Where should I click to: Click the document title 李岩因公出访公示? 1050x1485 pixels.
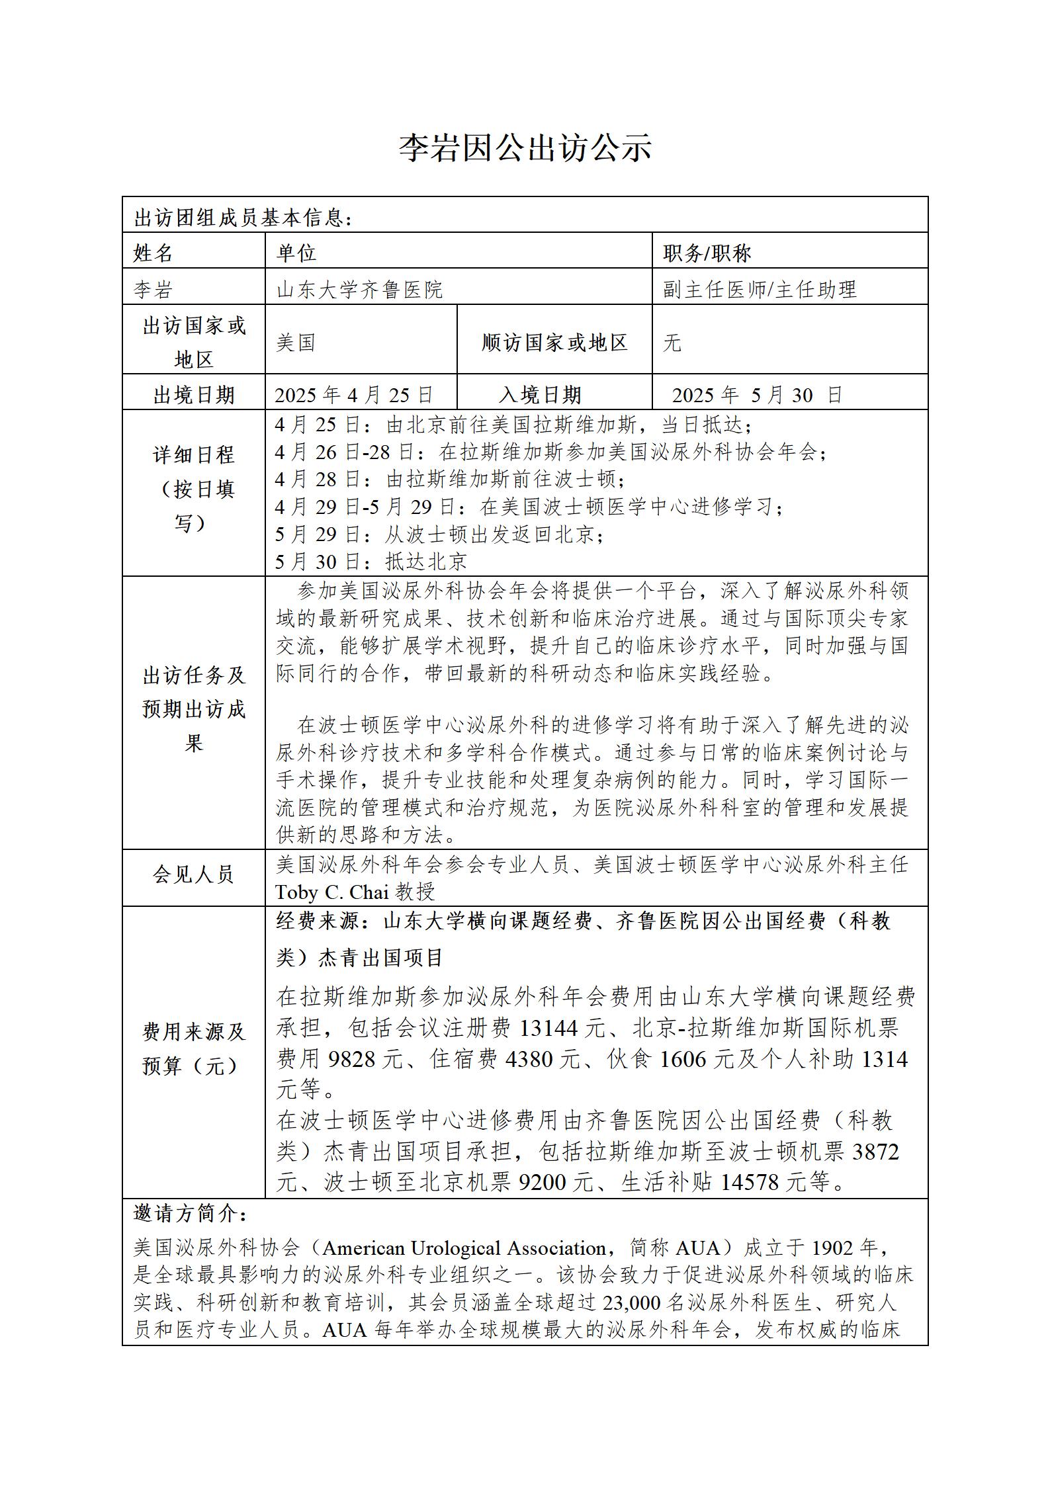(525, 148)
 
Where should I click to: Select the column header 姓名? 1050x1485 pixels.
(153, 253)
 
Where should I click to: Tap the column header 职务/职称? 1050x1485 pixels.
(707, 253)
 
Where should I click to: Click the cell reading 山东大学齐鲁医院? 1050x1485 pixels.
(359, 289)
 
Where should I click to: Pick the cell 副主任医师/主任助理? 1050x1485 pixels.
(760, 289)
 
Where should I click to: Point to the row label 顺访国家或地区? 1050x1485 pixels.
(554, 343)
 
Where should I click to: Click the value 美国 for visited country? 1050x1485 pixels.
(296, 343)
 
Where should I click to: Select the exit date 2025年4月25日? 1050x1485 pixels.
(354, 395)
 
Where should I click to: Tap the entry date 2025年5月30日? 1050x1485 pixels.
(757, 395)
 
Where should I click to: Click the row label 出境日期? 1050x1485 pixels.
(194, 395)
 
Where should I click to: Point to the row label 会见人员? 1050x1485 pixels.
(194, 874)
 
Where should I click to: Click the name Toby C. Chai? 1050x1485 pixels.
(332, 892)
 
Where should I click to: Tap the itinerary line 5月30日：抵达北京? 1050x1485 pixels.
(371, 562)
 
